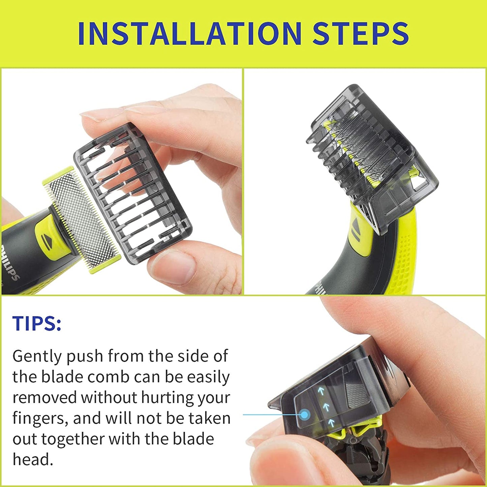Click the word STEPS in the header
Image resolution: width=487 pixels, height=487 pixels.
[360, 33]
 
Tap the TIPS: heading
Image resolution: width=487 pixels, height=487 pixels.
[37, 323]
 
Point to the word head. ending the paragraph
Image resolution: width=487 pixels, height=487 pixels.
[33, 460]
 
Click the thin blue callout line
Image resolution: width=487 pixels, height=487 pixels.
[266, 415]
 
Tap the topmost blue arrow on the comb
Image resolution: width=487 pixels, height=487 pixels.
[321, 391]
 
